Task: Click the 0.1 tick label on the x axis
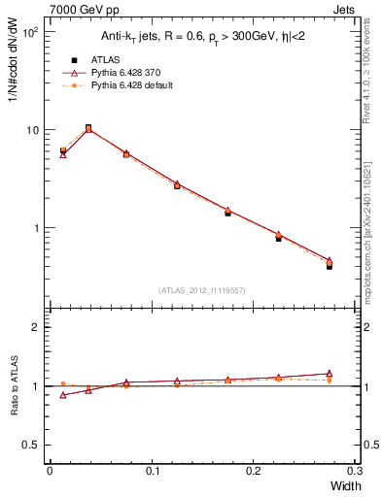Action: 152,471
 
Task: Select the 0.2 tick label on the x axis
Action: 254,471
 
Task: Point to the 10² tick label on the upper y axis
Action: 30,32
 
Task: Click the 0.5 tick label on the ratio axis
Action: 31,445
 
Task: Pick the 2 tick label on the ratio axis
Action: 35,328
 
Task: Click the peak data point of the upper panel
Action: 88,127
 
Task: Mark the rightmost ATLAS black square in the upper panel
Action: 329,265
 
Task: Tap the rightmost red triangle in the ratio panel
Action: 329,374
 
